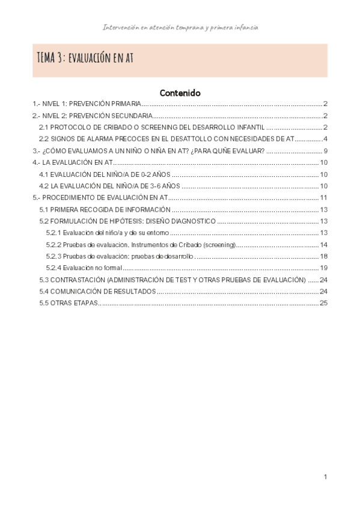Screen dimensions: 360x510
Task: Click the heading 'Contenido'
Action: (x=180, y=93)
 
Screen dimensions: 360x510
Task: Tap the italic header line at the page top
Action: (x=180, y=28)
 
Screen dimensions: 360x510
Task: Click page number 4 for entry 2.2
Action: (x=325, y=139)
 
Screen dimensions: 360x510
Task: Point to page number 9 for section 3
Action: (x=325, y=150)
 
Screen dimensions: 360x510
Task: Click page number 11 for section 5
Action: (x=323, y=197)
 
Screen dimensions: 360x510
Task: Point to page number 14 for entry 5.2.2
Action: (x=323, y=245)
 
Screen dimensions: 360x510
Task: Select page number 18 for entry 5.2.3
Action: (x=323, y=256)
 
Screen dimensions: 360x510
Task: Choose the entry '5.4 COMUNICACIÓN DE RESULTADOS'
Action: (x=97, y=291)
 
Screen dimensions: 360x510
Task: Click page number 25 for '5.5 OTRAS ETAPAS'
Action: (x=323, y=303)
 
